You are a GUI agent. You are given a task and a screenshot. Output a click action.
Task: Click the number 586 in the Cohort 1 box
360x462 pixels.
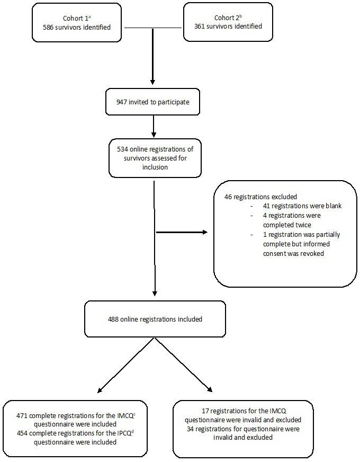pyautogui.click(x=50, y=27)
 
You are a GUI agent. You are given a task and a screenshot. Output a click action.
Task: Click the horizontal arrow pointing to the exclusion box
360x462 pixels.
pyautogui.click(x=180, y=232)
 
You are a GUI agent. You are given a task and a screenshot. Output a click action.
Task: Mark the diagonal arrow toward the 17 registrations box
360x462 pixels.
pyautogui.click(x=183, y=365)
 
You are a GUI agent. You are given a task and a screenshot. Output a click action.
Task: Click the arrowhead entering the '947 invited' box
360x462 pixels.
pyautogui.click(x=153, y=82)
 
